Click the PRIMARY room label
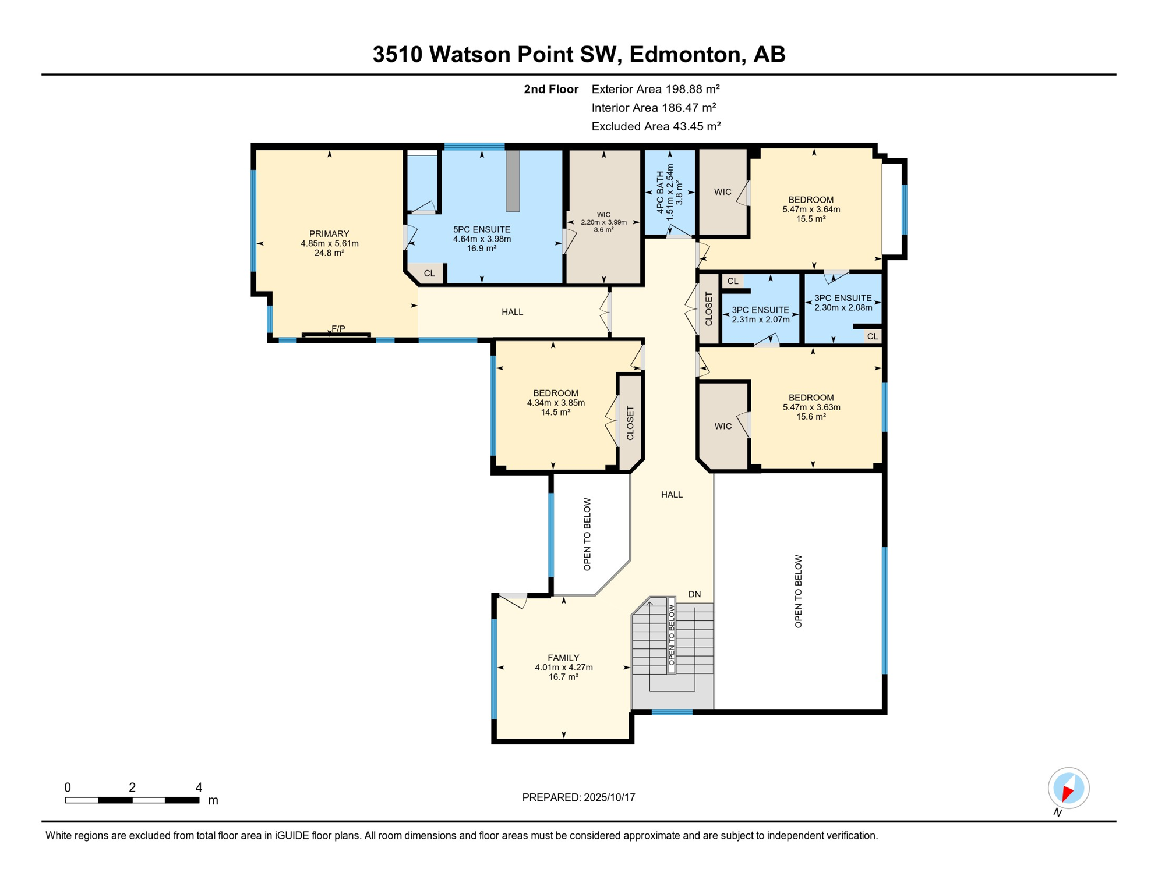[x=329, y=234]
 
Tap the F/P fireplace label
[x=338, y=329]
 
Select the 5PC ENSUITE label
[x=482, y=229]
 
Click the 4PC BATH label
[x=660, y=192]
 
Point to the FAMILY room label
[x=563, y=658]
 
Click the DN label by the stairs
[x=694, y=594]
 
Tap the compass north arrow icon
[x=1068, y=788]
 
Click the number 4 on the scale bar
[x=199, y=787]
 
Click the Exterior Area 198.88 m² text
[x=655, y=89]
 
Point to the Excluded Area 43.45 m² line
[x=656, y=126]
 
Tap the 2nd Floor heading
[x=550, y=89]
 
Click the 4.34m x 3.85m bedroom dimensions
[x=556, y=403]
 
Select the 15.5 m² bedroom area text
[x=811, y=219]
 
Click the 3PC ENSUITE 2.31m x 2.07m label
[x=760, y=315]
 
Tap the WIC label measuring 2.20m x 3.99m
[x=603, y=222]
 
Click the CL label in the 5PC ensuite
[x=429, y=274]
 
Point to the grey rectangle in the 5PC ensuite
[x=513, y=180]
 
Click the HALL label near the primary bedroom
[x=512, y=312]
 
